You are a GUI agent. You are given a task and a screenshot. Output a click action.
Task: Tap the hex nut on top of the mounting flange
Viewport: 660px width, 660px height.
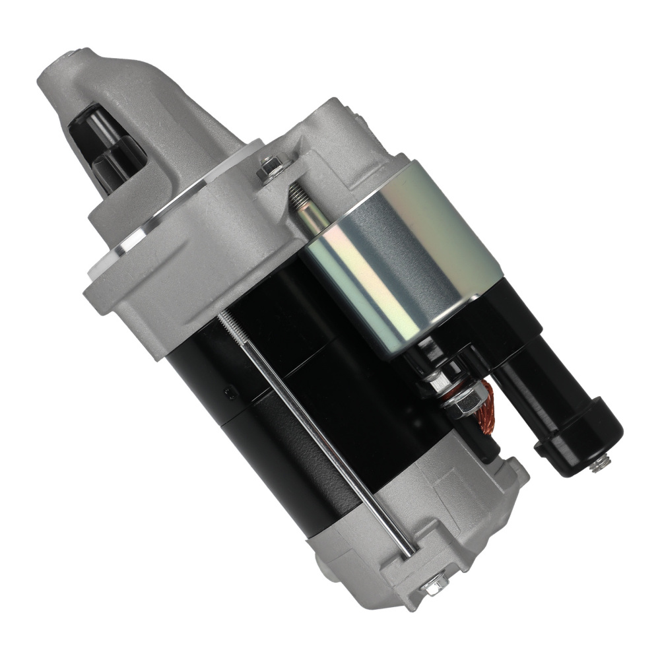coord(271,168)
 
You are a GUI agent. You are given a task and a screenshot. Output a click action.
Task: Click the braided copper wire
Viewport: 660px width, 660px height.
coord(481,403)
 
